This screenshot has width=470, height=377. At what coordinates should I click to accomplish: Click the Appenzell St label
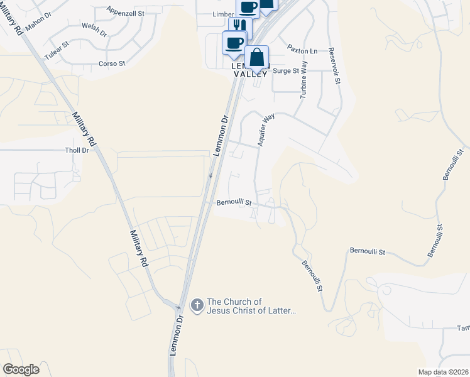(126, 12)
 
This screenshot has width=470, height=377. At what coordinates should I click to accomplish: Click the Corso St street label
(112, 63)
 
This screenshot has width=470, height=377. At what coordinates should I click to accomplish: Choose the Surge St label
(286, 71)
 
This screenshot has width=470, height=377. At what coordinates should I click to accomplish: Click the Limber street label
(224, 14)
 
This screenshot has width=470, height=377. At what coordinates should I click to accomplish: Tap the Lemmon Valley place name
(250, 70)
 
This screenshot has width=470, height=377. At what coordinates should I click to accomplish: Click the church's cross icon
(196, 305)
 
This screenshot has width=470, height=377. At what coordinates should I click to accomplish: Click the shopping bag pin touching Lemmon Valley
(256, 58)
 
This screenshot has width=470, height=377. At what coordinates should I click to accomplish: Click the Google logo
(21, 369)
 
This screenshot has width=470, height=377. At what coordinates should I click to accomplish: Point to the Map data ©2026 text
(442, 372)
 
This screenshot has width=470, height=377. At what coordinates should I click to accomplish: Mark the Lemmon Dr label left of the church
(180, 327)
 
